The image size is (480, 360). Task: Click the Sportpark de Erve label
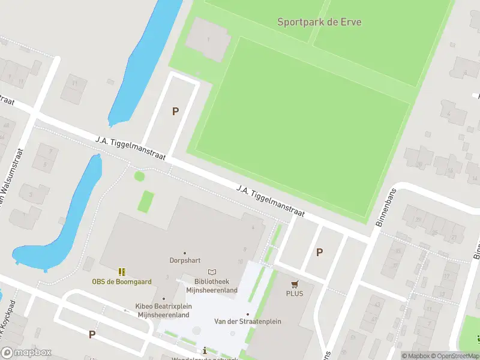click(319, 22)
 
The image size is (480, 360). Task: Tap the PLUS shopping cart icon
click(295, 284)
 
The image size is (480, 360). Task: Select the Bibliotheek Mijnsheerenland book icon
click(211, 272)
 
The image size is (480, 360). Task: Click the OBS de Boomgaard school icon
click(122, 272)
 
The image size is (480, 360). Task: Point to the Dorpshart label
click(184, 261)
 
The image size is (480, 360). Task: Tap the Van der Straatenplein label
click(247, 321)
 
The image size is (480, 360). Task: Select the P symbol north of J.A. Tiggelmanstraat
click(175, 111)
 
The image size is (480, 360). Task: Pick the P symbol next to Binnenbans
click(319, 253)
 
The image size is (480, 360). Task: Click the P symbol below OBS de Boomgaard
click(92, 334)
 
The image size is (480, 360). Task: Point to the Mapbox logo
click(26, 353)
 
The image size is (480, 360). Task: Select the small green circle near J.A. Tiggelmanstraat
click(139, 176)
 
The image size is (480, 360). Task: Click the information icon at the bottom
click(205, 350)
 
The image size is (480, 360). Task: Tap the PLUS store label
click(295, 293)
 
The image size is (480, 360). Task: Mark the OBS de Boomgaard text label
click(122, 281)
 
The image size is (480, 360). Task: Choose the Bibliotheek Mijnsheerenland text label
click(211, 286)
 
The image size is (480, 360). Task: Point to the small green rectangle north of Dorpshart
click(146, 201)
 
